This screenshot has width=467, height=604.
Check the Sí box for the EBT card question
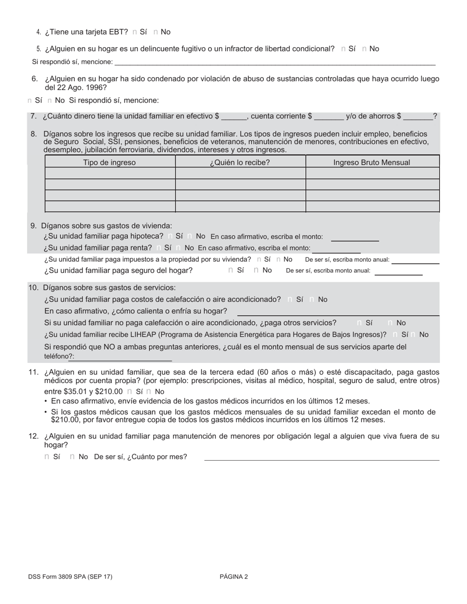[135, 32]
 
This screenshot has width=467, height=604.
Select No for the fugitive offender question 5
[364, 49]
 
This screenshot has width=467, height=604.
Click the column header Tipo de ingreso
[110, 162]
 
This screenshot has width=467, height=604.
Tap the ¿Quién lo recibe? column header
[240, 162]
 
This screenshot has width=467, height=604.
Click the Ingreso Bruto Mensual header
[372, 162]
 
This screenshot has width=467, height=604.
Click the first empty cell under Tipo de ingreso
[110, 173]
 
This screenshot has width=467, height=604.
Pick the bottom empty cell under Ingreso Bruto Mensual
[372, 207]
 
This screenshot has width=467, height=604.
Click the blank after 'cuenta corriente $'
[329, 117]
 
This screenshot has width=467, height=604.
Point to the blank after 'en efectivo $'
[233, 117]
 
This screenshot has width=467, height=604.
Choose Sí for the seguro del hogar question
[231, 270]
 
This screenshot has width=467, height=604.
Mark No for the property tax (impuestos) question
[279, 259]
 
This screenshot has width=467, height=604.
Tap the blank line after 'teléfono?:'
[123, 357]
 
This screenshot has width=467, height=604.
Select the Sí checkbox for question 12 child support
[47, 457]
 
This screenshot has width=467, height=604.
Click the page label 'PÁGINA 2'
[233, 577]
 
